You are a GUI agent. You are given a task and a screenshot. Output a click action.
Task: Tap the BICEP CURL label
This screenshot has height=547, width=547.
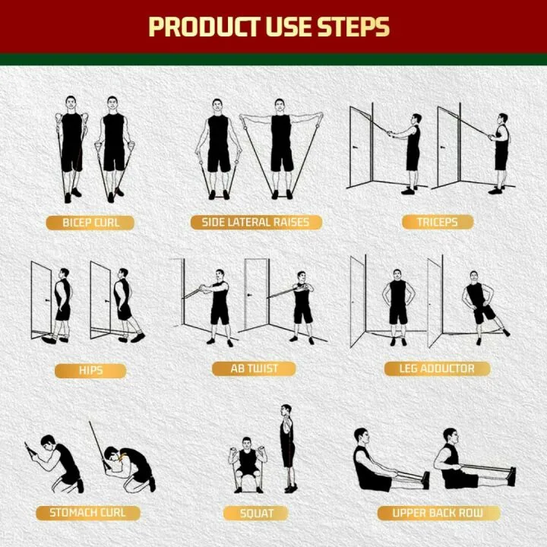coord(90,223)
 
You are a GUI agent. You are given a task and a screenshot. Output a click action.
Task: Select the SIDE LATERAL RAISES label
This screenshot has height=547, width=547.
coord(256,223)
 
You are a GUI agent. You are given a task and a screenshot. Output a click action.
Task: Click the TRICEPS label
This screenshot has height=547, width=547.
coord(437,223)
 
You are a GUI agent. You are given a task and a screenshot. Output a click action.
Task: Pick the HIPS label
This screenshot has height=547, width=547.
coord(90,371)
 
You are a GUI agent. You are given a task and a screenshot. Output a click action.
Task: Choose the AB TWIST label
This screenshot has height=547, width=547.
coord(255,368)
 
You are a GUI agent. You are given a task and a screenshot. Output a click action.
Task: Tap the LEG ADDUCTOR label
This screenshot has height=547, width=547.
coord(437,368)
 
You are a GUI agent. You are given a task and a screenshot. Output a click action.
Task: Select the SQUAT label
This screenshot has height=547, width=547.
coord(257,514)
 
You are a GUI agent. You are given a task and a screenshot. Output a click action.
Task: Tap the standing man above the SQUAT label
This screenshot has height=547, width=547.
coord(286,448)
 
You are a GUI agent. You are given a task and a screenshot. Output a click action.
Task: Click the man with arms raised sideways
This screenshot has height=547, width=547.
coord(281,144)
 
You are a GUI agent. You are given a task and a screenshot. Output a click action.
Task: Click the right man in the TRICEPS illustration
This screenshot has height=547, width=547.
coord(500,152)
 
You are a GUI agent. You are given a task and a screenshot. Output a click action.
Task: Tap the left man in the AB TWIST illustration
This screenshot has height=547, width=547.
coord(220,304)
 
